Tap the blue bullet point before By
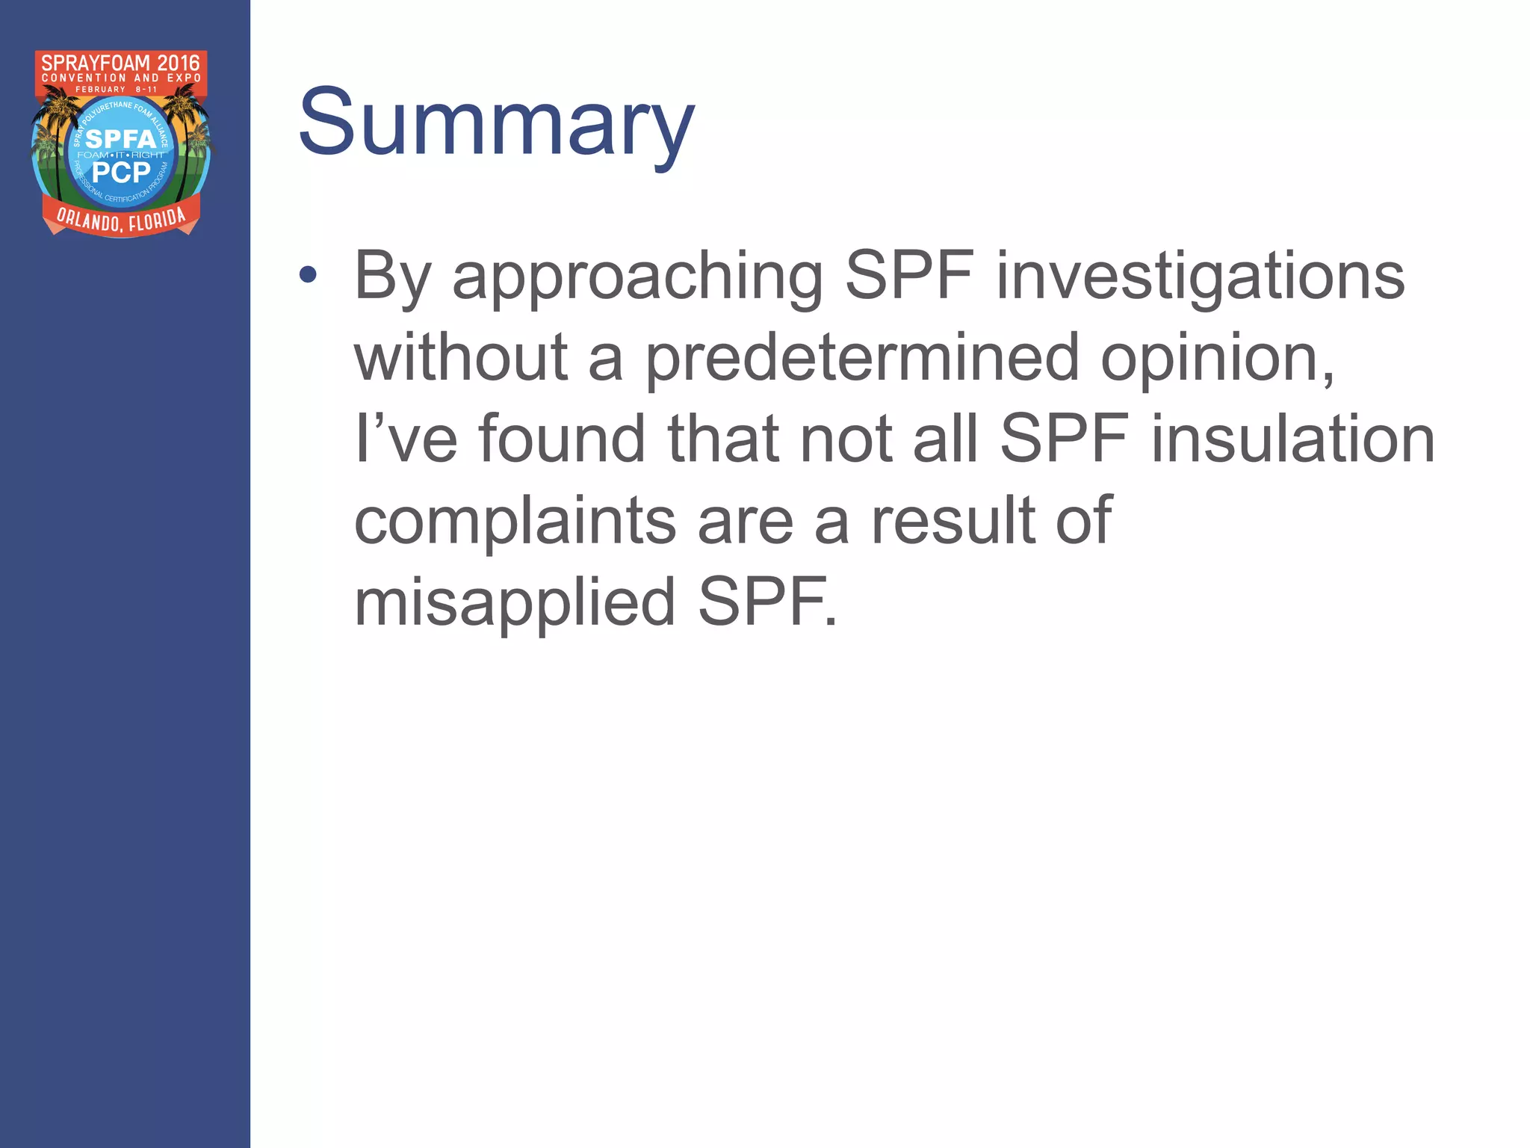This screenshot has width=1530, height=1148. [x=307, y=275]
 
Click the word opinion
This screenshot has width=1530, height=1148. [x=1218, y=359]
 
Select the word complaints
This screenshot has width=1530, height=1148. [x=515, y=522]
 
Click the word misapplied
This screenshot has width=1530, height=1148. [x=515, y=604]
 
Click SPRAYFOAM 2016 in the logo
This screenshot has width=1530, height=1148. [x=121, y=63]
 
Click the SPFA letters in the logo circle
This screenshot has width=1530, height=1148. [x=120, y=139]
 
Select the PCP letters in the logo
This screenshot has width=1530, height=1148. [x=121, y=173]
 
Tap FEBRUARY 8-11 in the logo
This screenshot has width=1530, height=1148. [x=117, y=90]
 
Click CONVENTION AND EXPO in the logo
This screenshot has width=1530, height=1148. [x=121, y=78]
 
